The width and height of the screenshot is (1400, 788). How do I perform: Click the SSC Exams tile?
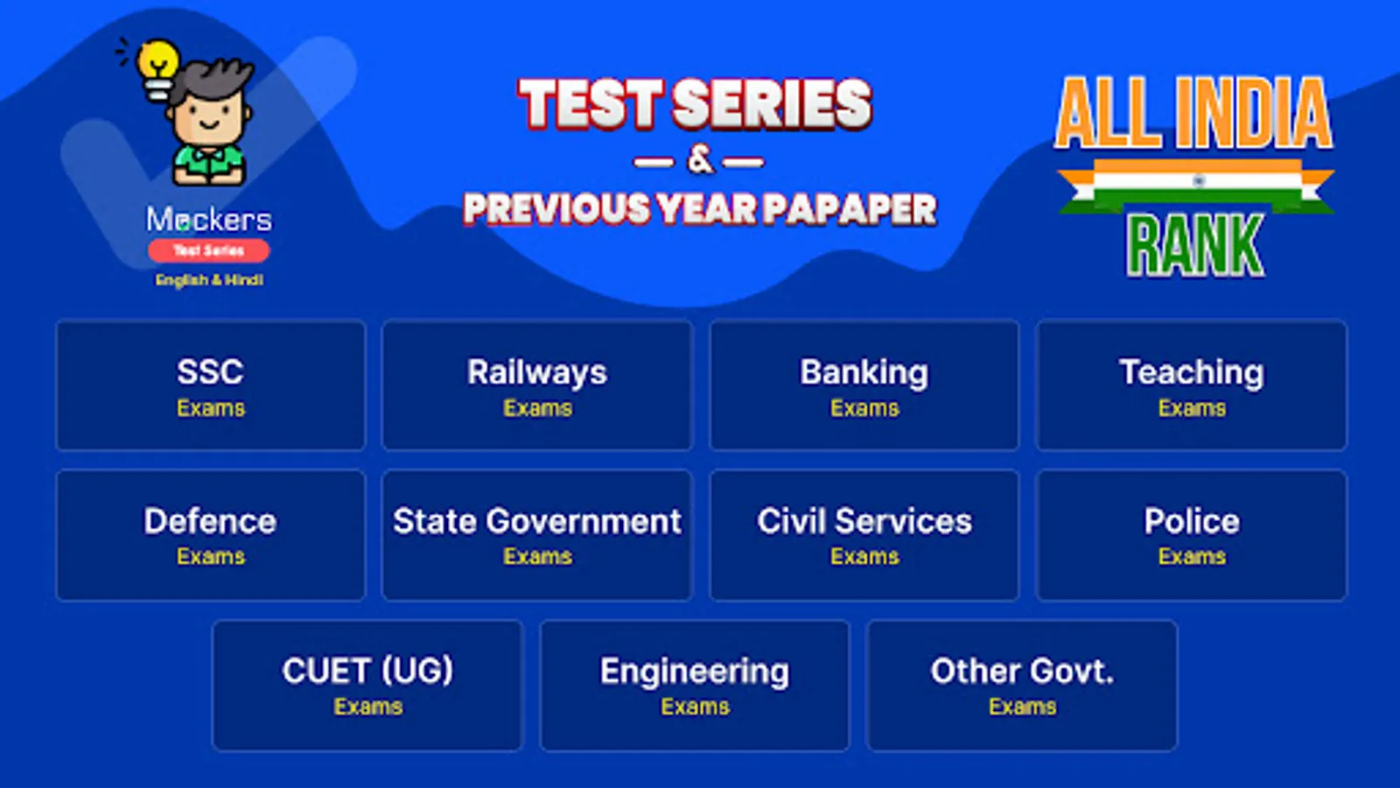point(210,385)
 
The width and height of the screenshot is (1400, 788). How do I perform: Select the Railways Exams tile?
point(536,385)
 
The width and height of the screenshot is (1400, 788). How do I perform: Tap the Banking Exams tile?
point(864,385)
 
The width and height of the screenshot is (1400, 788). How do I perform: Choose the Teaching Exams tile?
point(1191,385)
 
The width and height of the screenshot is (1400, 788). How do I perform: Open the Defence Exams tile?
point(210,535)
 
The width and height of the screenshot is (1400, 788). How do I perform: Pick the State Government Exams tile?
point(536,535)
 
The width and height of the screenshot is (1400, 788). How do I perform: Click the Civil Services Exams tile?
point(864,535)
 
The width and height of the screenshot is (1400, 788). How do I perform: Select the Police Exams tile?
point(1191,535)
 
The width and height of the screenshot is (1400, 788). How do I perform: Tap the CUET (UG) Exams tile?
point(367,685)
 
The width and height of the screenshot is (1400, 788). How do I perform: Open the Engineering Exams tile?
point(694,685)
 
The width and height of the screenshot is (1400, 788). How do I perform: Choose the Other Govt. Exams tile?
point(1021,685)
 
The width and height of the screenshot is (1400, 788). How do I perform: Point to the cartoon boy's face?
point(208,114)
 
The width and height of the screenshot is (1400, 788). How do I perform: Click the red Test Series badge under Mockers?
point(208,250)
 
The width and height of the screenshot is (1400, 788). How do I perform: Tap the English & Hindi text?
point(209,280)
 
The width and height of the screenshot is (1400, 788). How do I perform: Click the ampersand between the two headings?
point(700,159)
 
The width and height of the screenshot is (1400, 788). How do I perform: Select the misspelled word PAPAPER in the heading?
point(849,209)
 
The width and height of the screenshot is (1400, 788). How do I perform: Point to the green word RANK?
point(1194,246)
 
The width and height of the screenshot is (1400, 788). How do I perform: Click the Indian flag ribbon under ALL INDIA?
point(1195,184)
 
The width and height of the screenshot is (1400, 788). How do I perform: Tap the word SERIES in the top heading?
point(773,104)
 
